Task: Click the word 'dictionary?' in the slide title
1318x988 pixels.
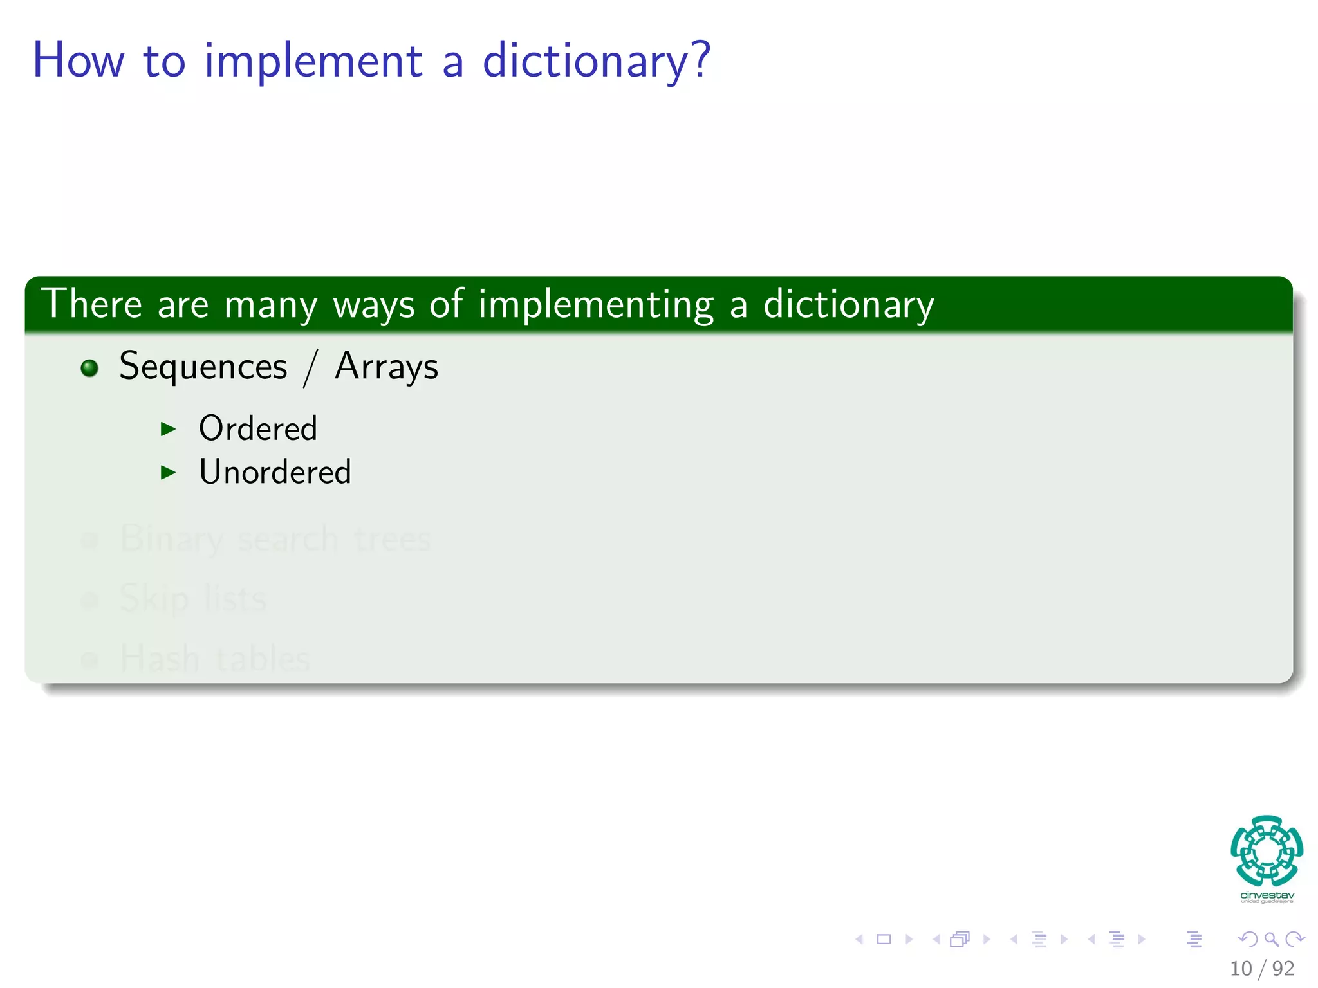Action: [596, 60]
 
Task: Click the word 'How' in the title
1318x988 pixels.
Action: [78, 60]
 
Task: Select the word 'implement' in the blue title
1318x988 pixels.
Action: [313, 60]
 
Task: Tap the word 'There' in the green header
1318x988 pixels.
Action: [91, 304]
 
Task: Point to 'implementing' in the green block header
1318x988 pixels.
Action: [596, 305]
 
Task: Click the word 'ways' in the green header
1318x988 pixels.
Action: [373, 305]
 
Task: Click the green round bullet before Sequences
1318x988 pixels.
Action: [89, 368]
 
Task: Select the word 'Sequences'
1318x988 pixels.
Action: [203, 367]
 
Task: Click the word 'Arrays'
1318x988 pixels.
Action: [386, 367]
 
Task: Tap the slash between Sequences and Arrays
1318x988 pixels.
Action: [311, 368]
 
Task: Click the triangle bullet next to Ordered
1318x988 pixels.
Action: [168, 429]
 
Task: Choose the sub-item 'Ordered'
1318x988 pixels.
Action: [257, 428]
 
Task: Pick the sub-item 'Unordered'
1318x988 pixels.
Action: [275, 472]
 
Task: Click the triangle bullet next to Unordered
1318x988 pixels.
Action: [168, 473]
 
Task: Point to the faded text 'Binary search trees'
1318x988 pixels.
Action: [275, 539]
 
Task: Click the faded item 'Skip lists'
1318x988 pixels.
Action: [193, 599]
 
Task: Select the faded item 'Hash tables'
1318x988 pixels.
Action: [215, 659]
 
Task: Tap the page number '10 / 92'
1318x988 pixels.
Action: [1261, 969]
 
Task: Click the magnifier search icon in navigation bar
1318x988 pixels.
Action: [1271, 940]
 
